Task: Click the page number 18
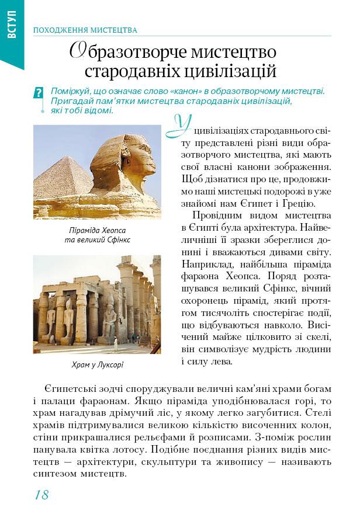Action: [x=41, y=495]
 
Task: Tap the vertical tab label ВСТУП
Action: [x=12, y=26]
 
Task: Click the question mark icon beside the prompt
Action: [x=39, y=93]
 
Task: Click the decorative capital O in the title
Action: [x=79, y=51]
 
